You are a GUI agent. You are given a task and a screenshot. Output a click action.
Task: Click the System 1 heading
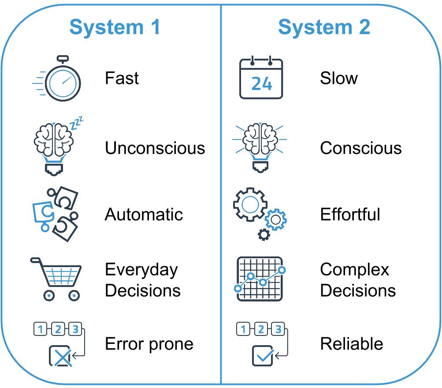point(115,27)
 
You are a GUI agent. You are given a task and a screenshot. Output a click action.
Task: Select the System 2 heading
point(324,27)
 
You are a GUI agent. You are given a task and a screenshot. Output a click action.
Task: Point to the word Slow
point(338,79)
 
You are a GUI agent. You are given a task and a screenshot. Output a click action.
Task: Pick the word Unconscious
point(155,148)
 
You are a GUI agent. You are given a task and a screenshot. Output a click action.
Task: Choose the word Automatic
point(144,215)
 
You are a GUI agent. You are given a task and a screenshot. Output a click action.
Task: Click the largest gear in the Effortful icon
point(249,204)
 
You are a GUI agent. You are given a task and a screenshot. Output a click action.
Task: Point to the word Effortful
point(350,215)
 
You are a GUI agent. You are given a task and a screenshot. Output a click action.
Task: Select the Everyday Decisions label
point(142,280)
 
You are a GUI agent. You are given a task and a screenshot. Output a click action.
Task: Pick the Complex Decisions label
point(357,280)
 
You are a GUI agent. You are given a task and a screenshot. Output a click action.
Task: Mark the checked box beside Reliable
point(263,356)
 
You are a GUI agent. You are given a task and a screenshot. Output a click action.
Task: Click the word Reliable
point(351,344)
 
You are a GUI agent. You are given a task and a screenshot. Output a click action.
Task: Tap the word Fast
point(122,79)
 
